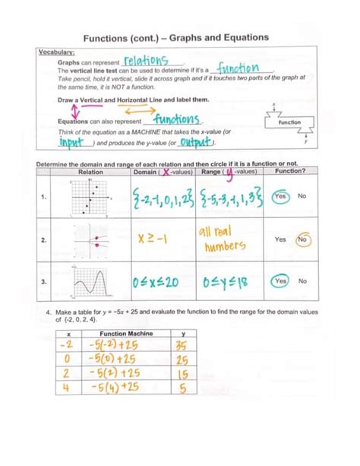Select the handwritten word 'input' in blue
65,142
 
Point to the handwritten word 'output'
194,143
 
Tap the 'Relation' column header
90,172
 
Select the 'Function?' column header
291,172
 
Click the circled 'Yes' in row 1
280,196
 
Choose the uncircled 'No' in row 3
302,281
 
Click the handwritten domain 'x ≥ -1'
153,239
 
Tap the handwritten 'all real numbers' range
222,239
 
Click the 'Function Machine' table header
124,333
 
